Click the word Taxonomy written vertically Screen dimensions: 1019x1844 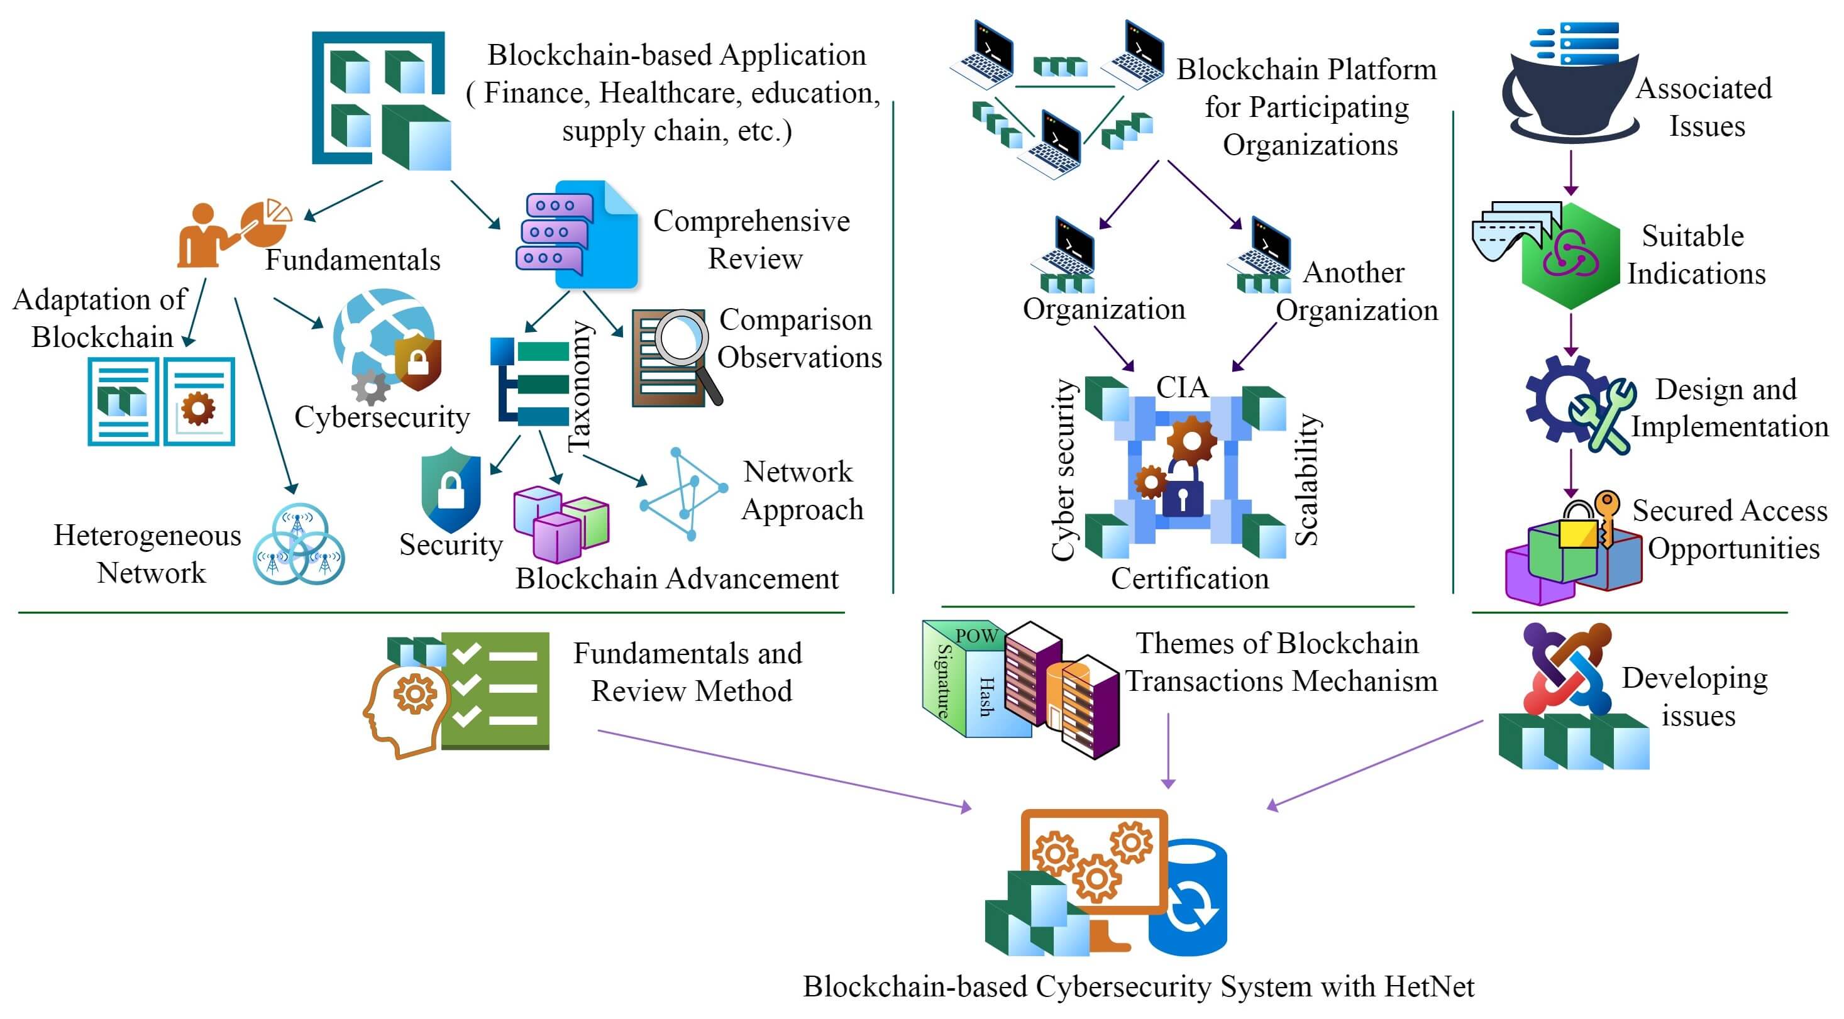click(580, 387)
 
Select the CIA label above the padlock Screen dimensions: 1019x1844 click(1182, 387)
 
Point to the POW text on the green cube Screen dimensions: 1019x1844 click(976, 636)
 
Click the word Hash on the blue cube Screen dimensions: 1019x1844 click(986, 697)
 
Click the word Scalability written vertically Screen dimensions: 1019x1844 click(1307, 480)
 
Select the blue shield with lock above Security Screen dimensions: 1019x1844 click(451, 490)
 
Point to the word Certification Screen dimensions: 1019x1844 click(1190, 578)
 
